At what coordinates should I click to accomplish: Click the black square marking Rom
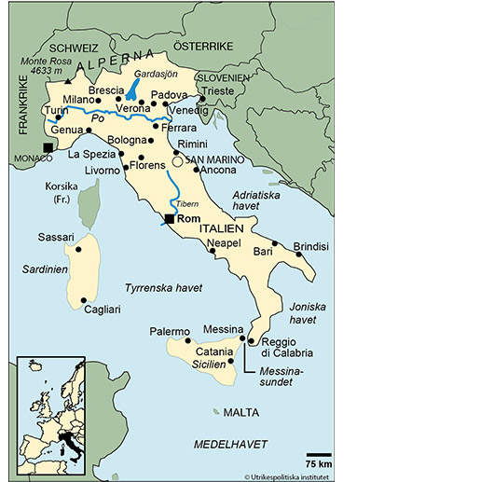tap(169, 219)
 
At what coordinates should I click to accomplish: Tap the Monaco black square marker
tap(48, 147)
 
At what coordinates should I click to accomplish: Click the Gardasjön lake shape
tap(134, 90)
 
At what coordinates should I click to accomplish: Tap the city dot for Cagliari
tap(85, 300)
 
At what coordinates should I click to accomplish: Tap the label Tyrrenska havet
tap(159, 288)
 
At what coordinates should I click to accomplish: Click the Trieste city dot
tap(201, 96)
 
